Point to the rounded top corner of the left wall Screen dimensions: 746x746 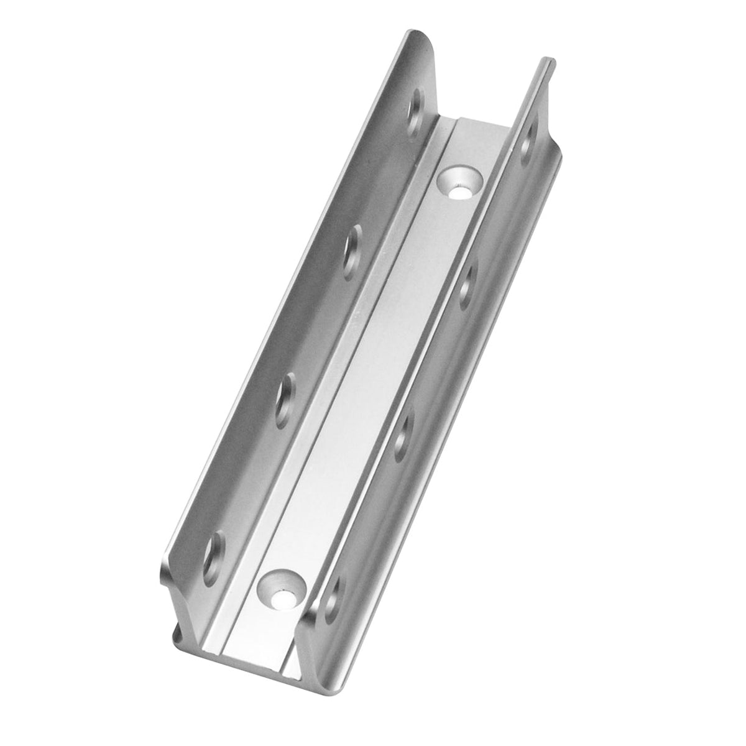point(423,37)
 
